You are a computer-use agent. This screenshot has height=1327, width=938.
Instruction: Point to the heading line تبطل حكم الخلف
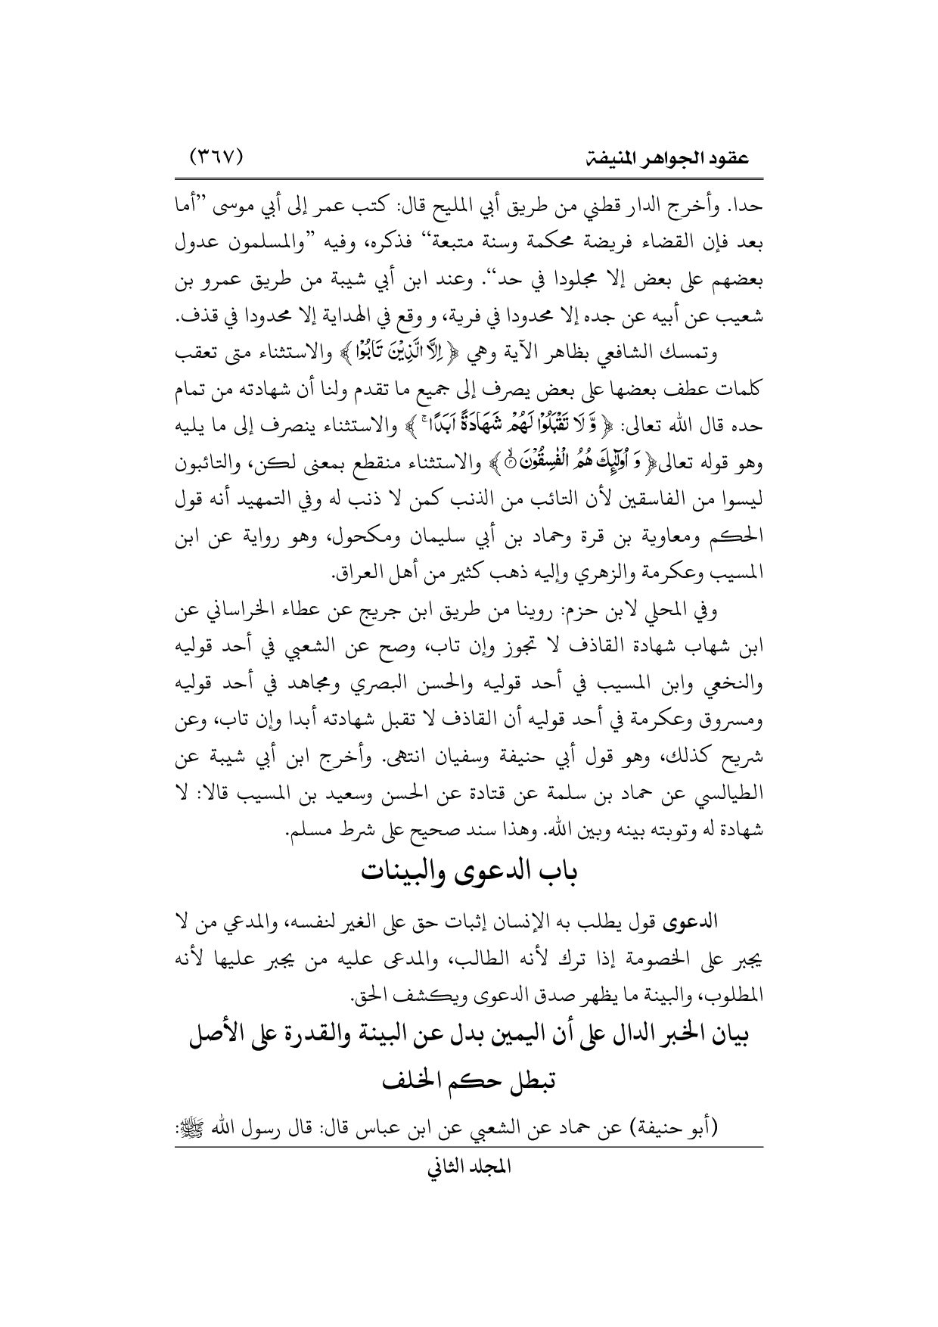coord(470,1084)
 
